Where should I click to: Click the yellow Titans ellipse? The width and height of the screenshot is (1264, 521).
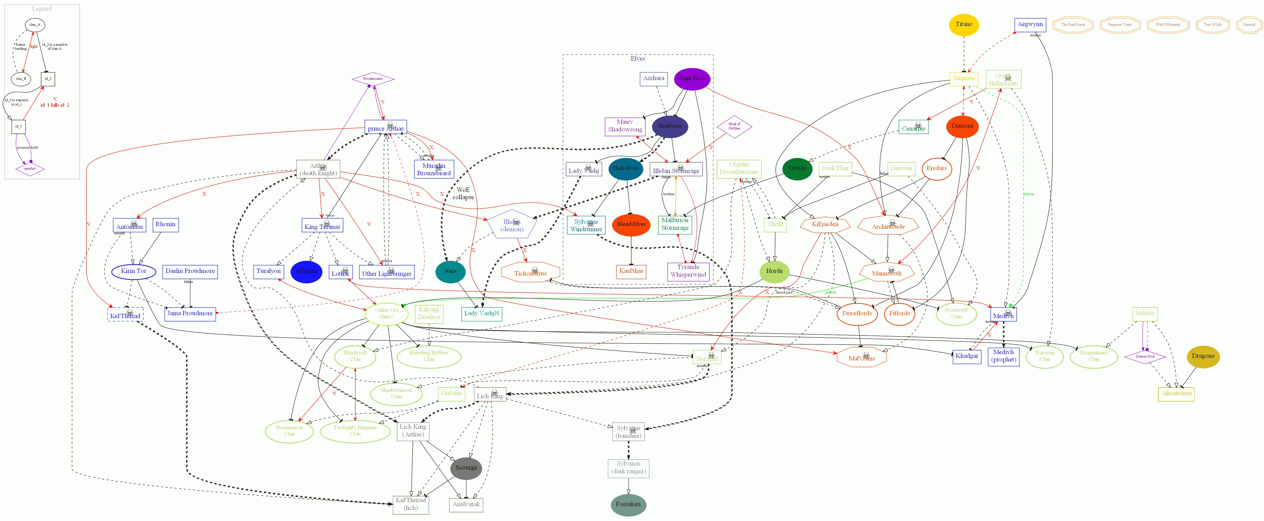pyautogui.click(x=964, y=25)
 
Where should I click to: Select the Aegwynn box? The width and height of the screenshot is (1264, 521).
pyautogui.click(x=1030, y=25)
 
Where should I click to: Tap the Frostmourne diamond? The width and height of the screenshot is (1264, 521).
pyautogui.click(x=373, y=79)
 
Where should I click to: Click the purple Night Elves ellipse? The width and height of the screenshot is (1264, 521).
pyautogui.click(x=692, y=79)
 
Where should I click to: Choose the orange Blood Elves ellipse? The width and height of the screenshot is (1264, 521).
pyautogui.click(x=631, y=224)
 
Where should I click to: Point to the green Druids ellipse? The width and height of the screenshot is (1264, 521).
pyautogui.click(x=797, y=168)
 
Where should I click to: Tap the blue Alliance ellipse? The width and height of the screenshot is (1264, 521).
pyautogui.click(x=306, y=271)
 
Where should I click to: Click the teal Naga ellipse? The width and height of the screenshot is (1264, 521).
pyautogui.click(x=450, y=271)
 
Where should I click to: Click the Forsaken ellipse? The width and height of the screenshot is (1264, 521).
pyautogui.click(x=628, y=505)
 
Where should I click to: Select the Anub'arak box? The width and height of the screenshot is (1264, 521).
pyautogui.click(x=466, y=505)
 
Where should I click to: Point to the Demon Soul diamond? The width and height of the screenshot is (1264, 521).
pyautogui.click(x=1145, y=357)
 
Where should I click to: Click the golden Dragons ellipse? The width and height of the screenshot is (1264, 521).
pyautogui.click(x=1203, y=356)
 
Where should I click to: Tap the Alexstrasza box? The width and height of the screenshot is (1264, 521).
pyautogui.click(x=1176, y=394)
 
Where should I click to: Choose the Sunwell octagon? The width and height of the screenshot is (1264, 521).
pyautogui.click(x=1249, y=25)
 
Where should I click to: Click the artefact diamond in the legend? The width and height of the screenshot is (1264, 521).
pyautogui.click(x=30, y=169)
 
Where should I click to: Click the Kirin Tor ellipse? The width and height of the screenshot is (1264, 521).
pyautogui.click(x=134, y=271)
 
